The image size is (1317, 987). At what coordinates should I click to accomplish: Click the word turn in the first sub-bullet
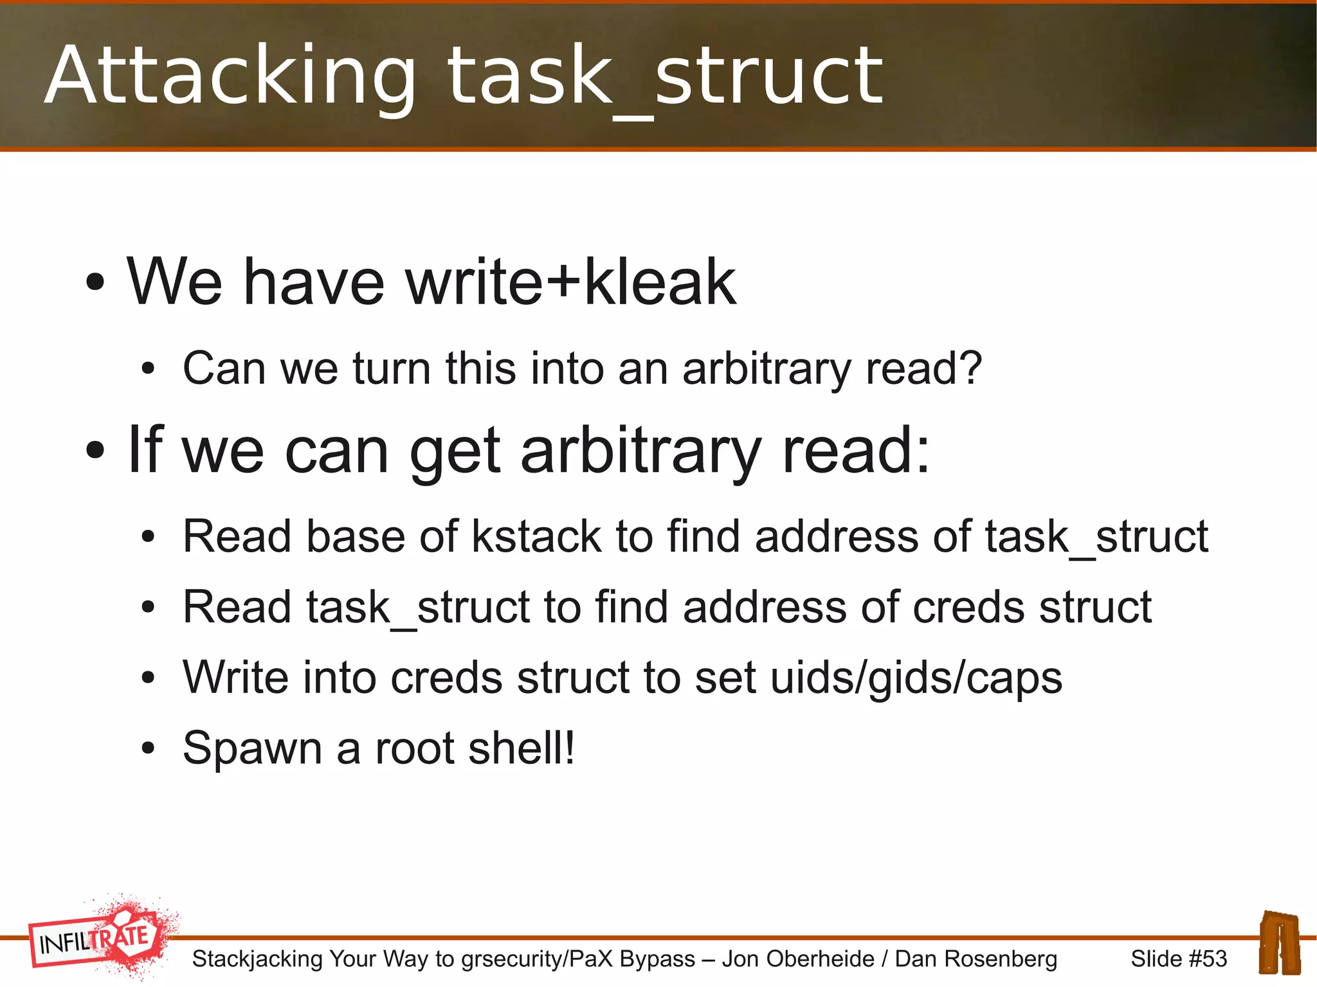point(392,368)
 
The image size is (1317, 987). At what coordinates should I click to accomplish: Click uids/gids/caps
point(916,678)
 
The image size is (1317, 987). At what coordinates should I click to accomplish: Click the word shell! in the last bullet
point(522,748)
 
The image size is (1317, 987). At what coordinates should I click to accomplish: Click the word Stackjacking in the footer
point(257,959)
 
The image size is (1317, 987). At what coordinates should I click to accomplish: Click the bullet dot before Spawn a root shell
point(149,748)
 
